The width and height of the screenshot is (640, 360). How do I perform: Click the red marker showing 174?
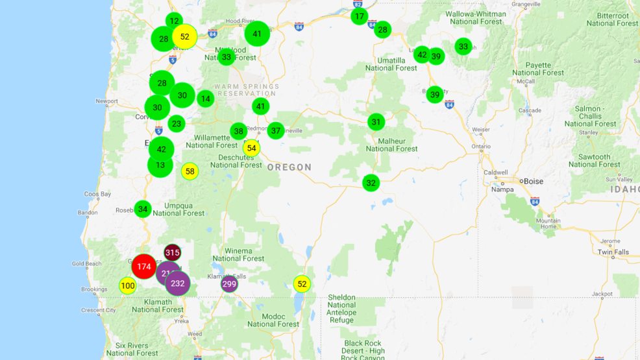[x=144, y=267]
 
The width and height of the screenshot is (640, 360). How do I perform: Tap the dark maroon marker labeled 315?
[x=172, y=252]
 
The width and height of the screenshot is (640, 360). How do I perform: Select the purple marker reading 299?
[x=229, y=283]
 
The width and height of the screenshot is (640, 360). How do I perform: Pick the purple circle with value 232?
[x=178, y=283]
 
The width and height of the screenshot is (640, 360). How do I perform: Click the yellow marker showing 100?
[x=128, y=286]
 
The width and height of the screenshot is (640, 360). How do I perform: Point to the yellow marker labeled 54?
[x=251, y=148]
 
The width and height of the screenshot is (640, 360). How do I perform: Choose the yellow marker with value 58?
[x=190, y=171]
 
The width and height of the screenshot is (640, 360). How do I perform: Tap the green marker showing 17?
[x=360, y=16]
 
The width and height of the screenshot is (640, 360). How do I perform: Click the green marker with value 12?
[x=174, y=21]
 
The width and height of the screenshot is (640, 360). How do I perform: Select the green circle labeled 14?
[x=205, y=99]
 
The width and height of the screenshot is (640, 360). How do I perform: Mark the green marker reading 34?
[x=143, y=209]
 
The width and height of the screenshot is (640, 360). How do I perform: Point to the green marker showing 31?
[x=376, y=122]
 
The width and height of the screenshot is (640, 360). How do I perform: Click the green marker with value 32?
[x=371, y=183]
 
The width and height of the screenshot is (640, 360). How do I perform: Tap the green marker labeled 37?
[x=276, y=130]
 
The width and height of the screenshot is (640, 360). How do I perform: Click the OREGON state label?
[x=289, y=167]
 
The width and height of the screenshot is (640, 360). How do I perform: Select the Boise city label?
[x=533, y=182]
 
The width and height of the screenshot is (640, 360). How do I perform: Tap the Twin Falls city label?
[x=613, y=252]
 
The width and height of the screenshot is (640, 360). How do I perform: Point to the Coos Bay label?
[x=97, y=194]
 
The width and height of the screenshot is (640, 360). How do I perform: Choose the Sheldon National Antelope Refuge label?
[x=341, y=308]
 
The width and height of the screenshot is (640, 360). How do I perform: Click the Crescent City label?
[x=99, y=310]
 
